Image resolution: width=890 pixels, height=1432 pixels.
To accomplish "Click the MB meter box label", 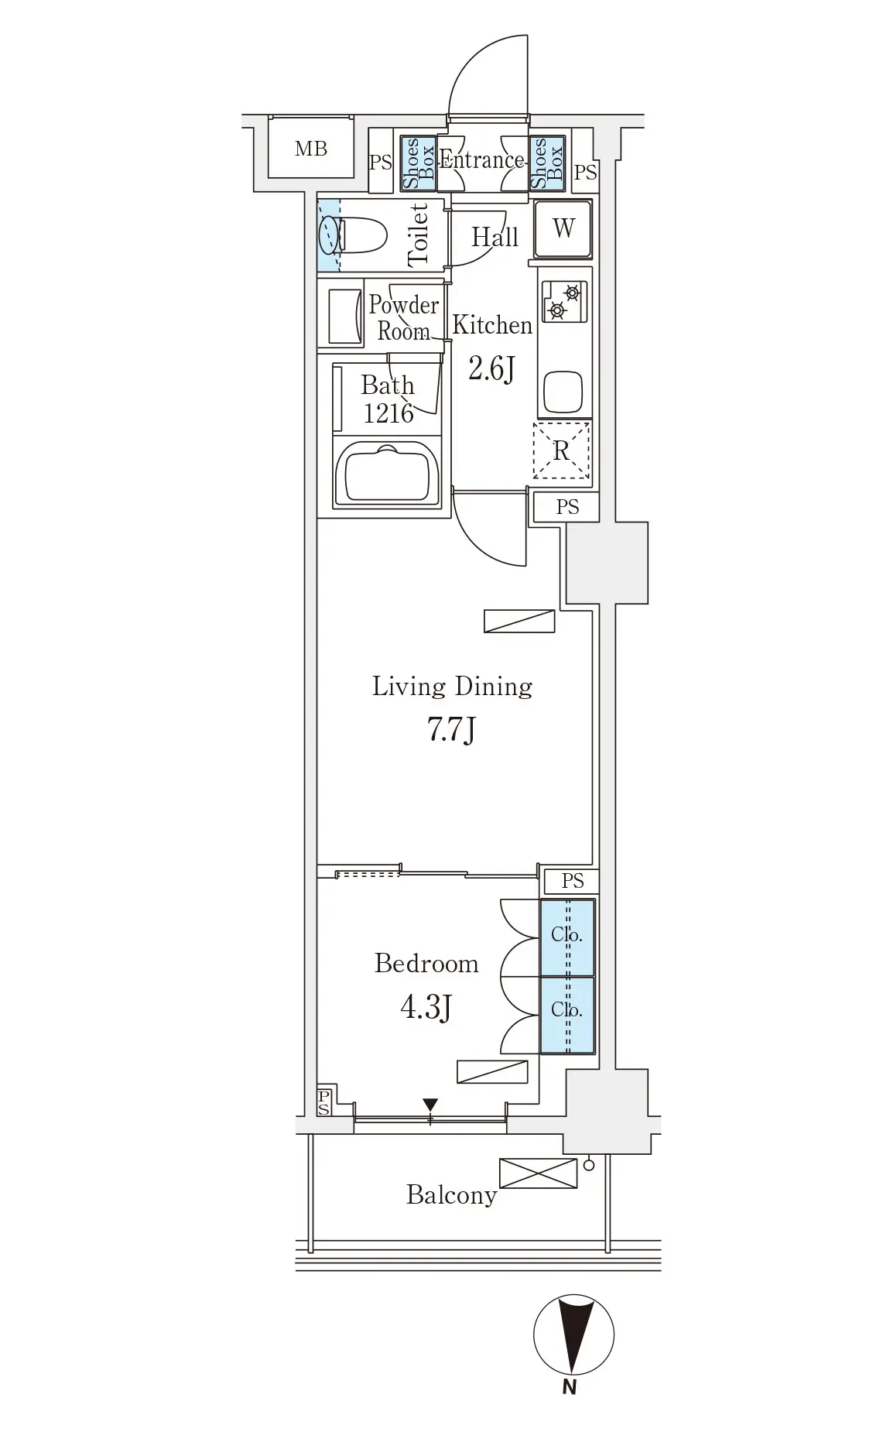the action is tap(311, 149).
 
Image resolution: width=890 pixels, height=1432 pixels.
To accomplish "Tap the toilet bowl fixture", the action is tap(362, 235).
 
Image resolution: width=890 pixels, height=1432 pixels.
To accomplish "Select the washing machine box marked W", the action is tap(563, 229).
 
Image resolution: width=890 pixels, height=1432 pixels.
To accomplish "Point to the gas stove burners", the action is tap(563, 301).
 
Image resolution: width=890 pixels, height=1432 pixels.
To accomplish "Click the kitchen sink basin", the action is tap(563, 392).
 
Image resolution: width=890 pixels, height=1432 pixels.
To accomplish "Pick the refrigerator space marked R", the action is tap(562, 450).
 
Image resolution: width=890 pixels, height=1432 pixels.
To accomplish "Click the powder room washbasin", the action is tap(345, 317).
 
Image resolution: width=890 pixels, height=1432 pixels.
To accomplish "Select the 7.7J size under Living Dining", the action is tap(451, 730).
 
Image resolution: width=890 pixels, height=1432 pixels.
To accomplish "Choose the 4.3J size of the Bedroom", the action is tap(426, 1007).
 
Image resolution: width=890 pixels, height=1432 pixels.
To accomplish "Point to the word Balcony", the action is tap(452, 1195).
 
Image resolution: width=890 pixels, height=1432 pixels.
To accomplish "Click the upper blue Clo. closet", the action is tap(567, 937).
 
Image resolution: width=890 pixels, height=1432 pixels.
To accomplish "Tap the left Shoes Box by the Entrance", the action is tap(418, 163).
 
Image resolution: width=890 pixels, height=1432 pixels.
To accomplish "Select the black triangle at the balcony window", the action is tap(430, 1105).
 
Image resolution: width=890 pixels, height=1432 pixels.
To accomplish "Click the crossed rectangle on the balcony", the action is tap(539, 1173).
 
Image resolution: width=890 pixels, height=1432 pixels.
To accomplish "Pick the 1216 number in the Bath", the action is tap(389, 413).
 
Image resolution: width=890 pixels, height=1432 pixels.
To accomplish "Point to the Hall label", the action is tap(495, 237).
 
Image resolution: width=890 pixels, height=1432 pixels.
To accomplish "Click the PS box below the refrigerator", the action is tap(567, 507).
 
